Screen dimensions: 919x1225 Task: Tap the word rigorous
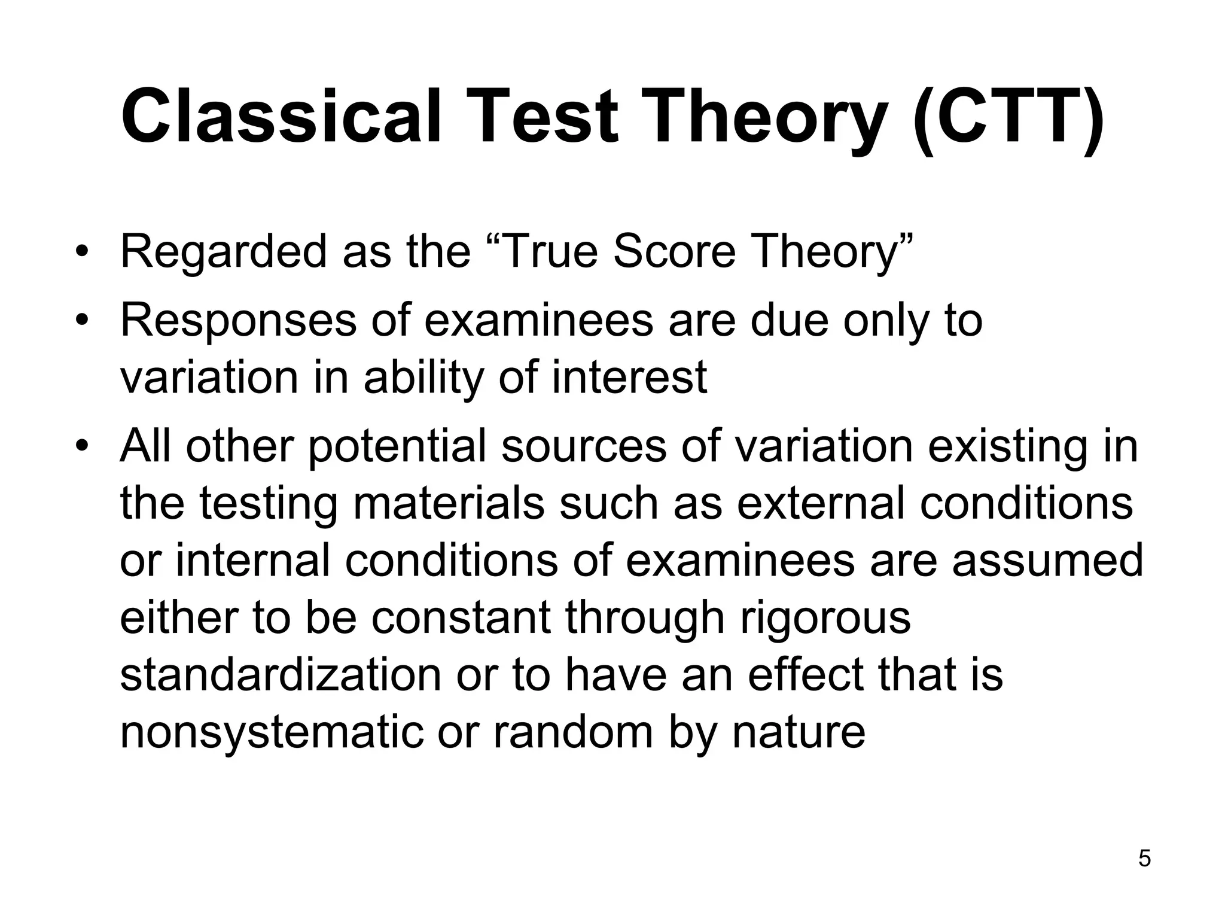point(825,617)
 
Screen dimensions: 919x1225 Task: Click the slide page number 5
point(1144,859)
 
